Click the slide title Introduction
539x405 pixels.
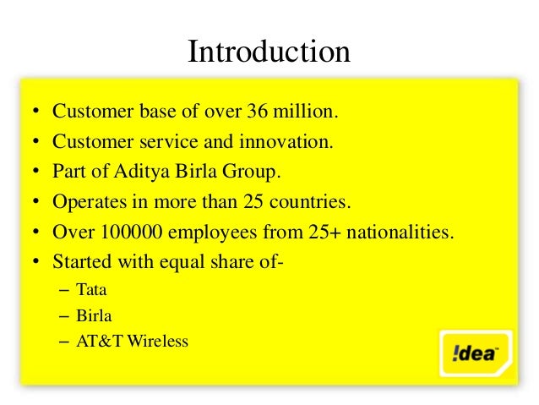pyautogui.click(x=269, y=52)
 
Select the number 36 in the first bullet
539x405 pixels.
pyautogui.click(x=257, y=112)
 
